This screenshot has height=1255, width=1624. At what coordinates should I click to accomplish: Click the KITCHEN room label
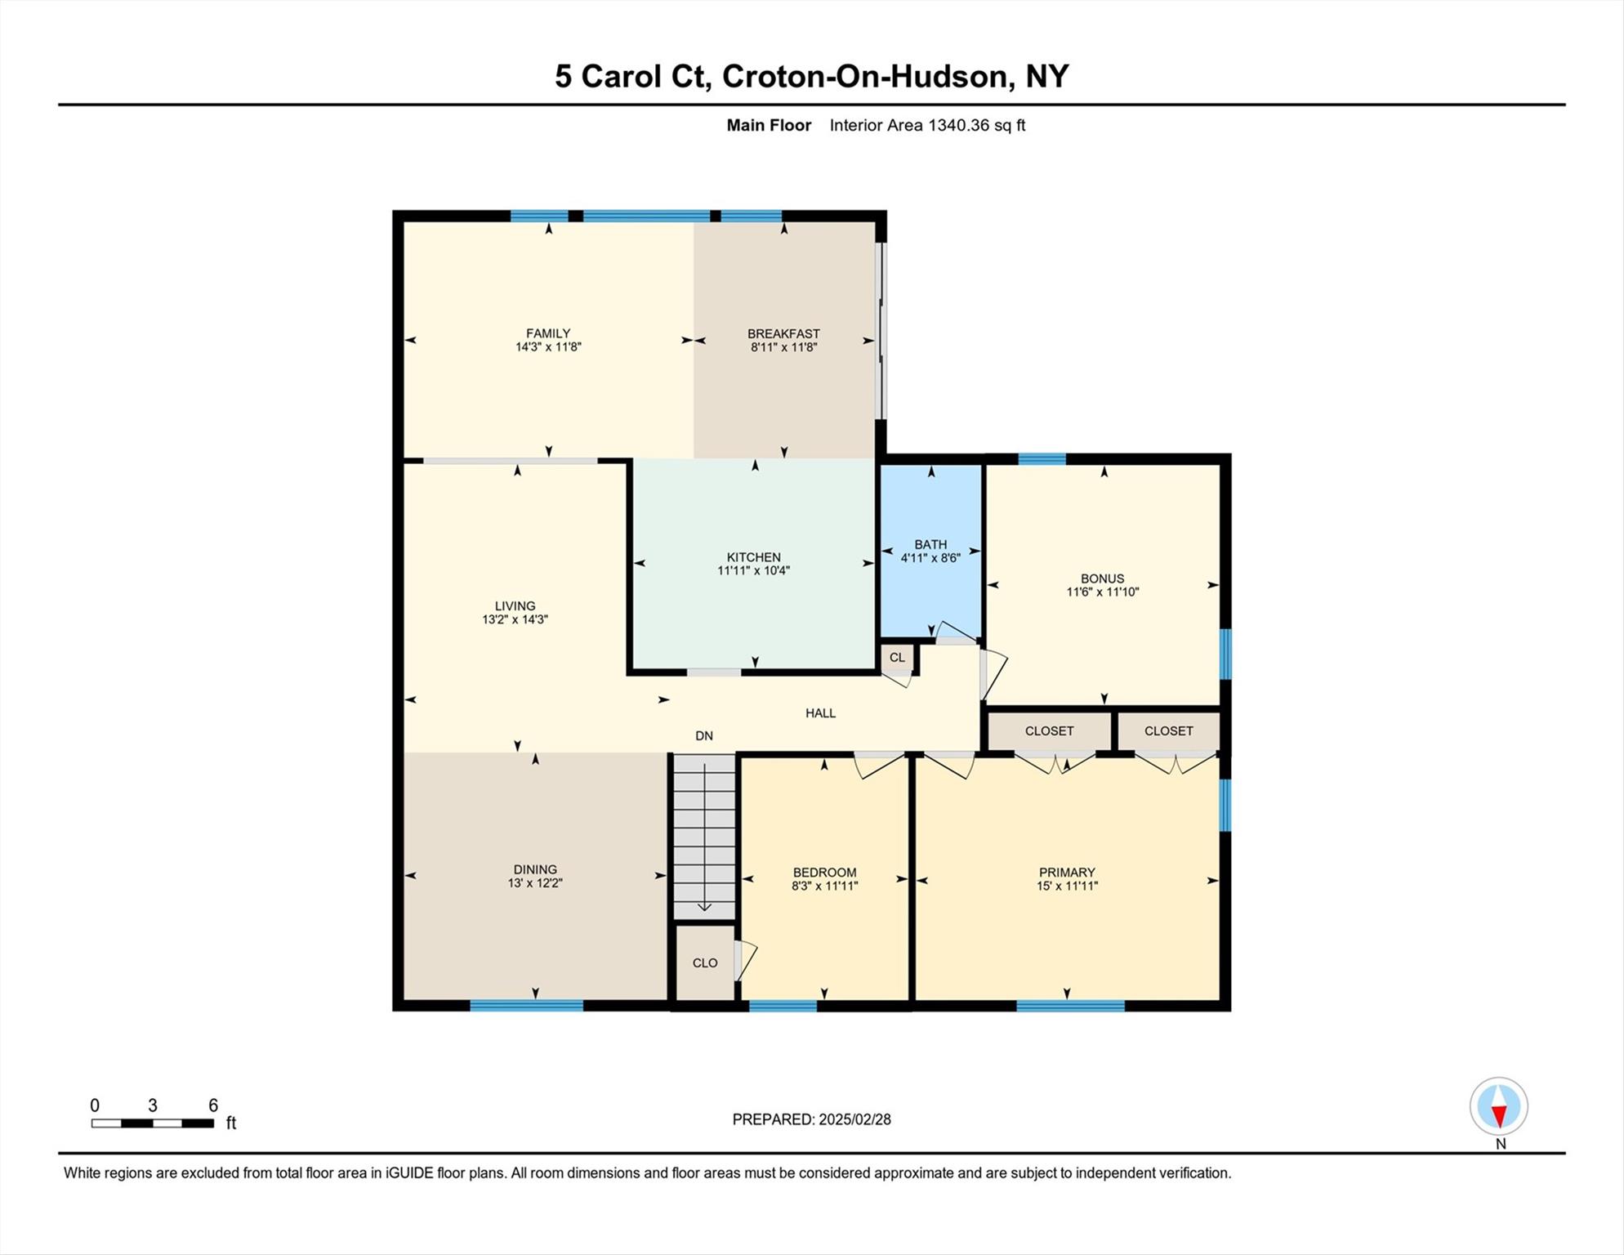(x=754, y=557)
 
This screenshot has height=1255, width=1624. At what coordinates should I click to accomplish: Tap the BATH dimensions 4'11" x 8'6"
(x=930, y=558)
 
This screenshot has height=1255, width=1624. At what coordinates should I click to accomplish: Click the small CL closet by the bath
(x=897, y=657)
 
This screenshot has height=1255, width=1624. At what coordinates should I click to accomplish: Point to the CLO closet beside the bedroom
(x=705, y=962)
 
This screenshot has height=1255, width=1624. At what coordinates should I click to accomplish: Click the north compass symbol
(x=1499, y=1107)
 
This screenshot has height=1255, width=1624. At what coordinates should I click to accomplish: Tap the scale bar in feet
(x=153, y=1123)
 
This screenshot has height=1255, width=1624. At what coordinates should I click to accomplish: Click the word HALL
(x=820, y=713)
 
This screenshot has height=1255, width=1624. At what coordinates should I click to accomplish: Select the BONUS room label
(x=1102, y=578)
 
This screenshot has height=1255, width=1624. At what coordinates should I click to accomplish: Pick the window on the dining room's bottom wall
(x=527, y=1006)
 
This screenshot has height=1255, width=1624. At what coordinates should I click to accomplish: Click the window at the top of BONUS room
(x=1042, y=459)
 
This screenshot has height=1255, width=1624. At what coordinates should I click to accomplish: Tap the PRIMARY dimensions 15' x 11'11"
(x=1067, y=886)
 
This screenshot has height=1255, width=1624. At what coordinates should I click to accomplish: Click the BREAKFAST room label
(x=783, y=333)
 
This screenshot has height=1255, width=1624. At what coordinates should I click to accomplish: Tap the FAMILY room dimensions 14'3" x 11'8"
(x=548, y=347)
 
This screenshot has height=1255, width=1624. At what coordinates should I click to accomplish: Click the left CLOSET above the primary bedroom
(x=1049, y=731)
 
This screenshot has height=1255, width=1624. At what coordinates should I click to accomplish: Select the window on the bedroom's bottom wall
(x=783, y=1006)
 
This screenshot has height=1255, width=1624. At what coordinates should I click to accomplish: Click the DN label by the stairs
(x=704, y=736)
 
